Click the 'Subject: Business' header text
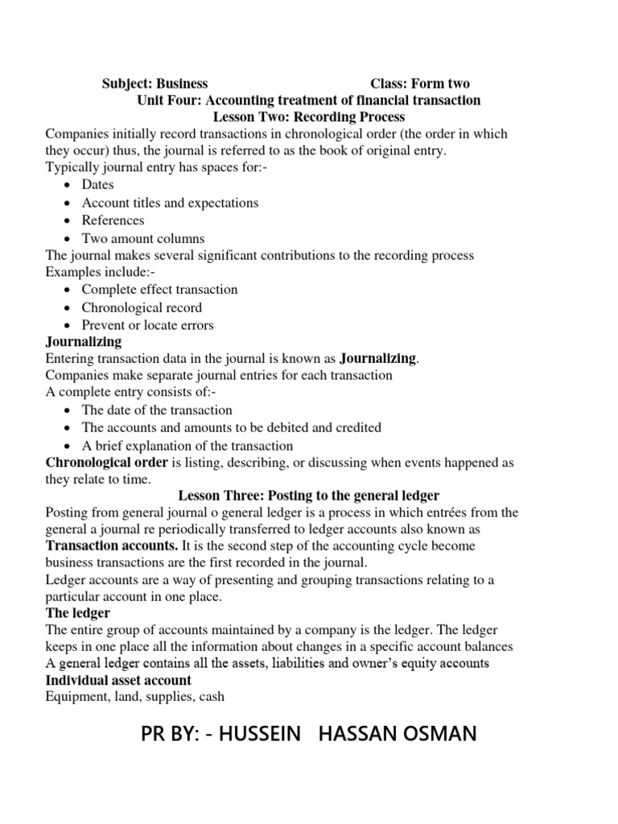point(154,84)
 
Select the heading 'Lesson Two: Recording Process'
point(308,117)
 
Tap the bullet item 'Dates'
point(98,185)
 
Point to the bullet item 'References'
point(113,220)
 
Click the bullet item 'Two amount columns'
point(143,238)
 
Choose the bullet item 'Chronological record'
point(142,307)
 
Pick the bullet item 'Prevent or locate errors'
point(147,325)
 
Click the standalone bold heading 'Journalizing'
point(84,342)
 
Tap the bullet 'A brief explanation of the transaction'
point(187,446)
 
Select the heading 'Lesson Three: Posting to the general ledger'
point(308,495)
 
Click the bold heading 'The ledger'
point(78,613)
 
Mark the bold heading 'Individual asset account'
point(118,681)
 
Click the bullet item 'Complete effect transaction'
point(159,290)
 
